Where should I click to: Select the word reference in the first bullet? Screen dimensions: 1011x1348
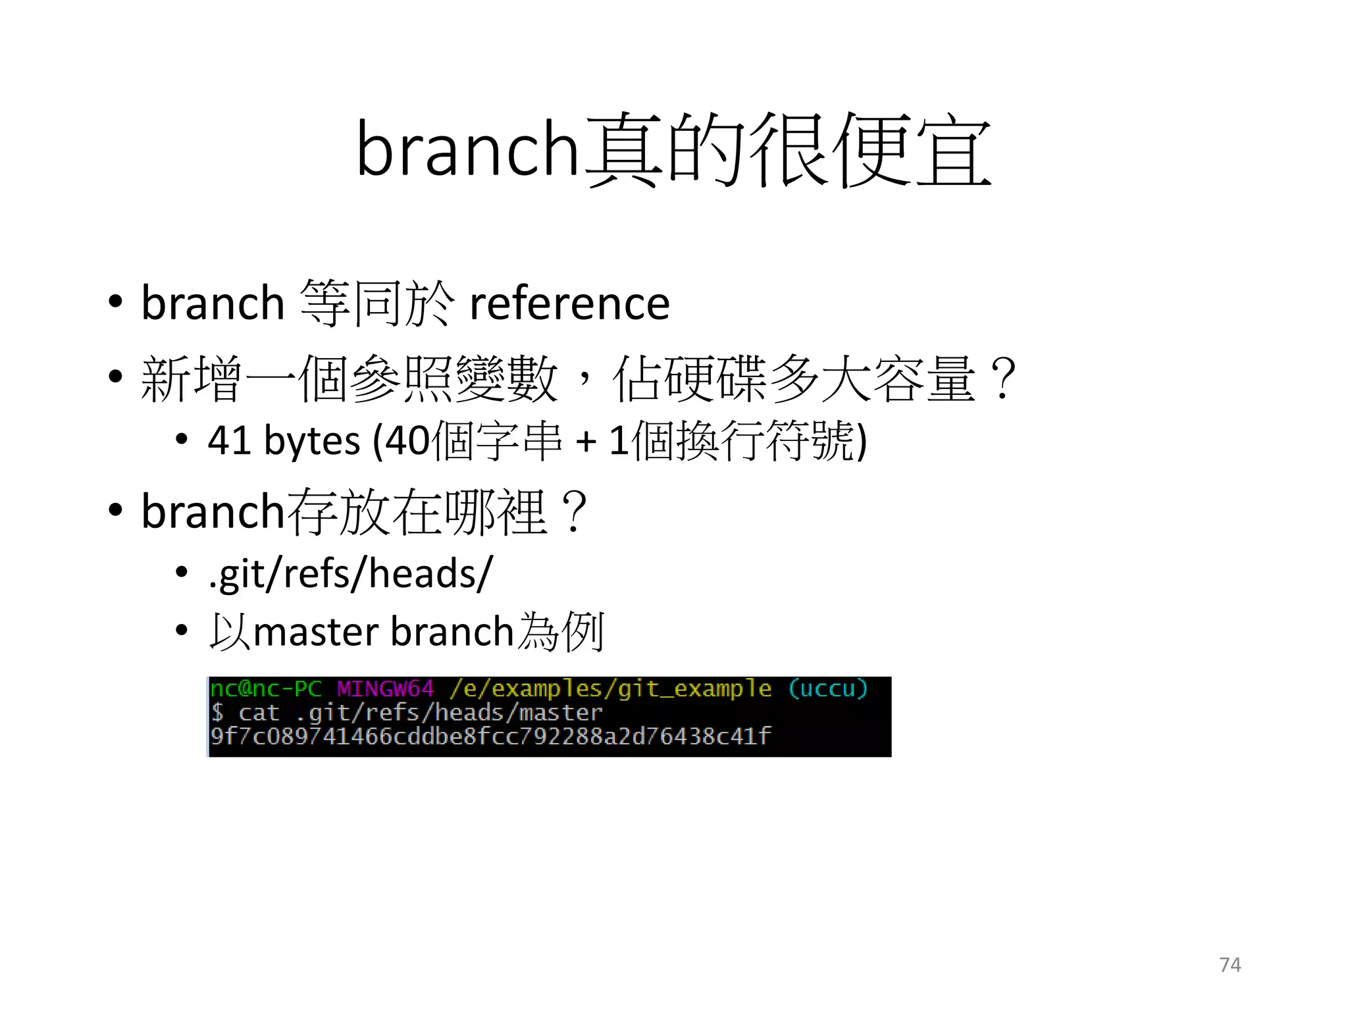pyautogui.click(x=569, y=303)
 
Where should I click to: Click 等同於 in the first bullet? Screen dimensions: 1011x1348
pyautogui.click(x=376, y=303)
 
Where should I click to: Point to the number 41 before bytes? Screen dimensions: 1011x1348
pyautogui.click(x=228, y=440)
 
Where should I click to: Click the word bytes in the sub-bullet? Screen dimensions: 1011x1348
pyautogui.click(x=311, y=440)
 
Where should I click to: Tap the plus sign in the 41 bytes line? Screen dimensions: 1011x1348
pyautogui.click(x=585, y=441)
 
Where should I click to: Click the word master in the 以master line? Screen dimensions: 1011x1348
pyautogui.click(x=316, y=632)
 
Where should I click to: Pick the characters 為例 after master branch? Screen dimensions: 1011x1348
pyautogui.click(x=561, y=632)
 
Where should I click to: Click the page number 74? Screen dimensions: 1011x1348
pyautogui.click(x=1230, y=965)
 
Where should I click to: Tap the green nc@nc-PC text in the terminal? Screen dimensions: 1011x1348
pyautogui.click(x=266, y=689)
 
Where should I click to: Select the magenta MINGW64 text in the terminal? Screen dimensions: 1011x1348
pyautogui.click(x=386, y=689)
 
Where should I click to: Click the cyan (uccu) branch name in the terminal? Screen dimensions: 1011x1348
pyautogui.click(x=828, y=689)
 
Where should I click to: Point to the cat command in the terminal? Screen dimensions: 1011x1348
pyautogui.click(x=259, y=713)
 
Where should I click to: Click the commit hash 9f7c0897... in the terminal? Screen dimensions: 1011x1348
pyautogui.click(x=490, y=736)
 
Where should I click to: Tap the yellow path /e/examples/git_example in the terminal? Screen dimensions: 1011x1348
pyautogui.click(x=611, y=689)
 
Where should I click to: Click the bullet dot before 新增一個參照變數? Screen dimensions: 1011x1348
pyautogui.click(x=116, y=377)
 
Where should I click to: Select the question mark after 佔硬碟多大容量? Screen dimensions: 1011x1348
pyautogui.click(x=1004, y=378)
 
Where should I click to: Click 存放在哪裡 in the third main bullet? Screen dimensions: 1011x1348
pyautogui.click(x=417, y=512)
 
